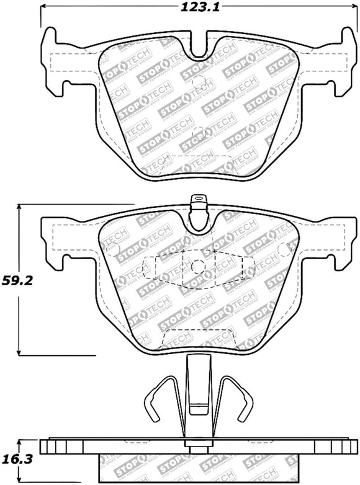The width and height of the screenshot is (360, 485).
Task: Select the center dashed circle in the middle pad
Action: tap(198, 266)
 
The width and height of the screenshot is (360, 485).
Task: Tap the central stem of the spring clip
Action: tap(197, 391)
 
